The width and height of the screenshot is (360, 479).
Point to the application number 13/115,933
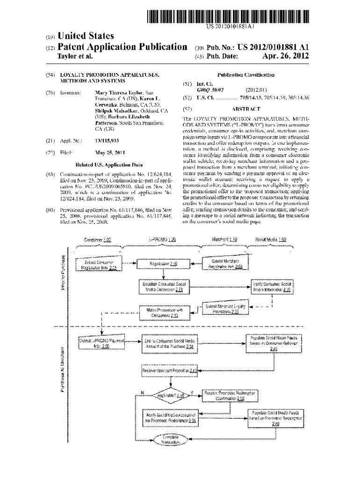[107, 140]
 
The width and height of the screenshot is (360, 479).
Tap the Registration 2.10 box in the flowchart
[163, 264]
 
